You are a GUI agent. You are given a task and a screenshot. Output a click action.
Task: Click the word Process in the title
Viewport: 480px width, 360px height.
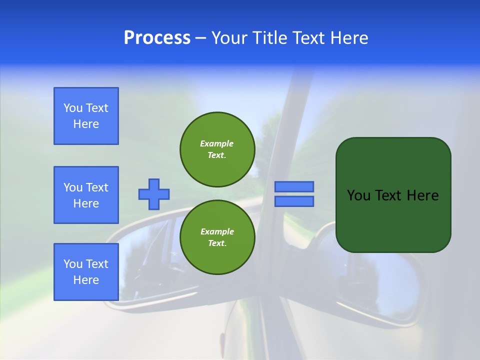point(157,38)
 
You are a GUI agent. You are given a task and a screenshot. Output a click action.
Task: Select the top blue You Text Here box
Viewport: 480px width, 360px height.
point(86,116)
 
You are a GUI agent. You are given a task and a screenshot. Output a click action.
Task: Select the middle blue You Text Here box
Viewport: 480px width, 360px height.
point(86,195)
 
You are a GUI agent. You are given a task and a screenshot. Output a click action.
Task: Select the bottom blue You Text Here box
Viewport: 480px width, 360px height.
point(86,272)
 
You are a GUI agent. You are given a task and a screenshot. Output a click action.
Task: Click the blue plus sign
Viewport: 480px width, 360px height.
point(154,194)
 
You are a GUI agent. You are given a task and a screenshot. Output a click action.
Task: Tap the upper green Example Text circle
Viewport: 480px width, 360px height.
point(217,149)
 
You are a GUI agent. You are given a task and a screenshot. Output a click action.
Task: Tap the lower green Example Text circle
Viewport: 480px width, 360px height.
point(217,237)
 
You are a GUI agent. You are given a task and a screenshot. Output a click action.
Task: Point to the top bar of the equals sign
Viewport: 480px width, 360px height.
point(294,187)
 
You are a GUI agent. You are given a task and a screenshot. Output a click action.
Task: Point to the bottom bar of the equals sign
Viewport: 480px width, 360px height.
point(294,201)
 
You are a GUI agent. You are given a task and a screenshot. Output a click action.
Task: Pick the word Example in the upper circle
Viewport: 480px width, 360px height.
point(217,143)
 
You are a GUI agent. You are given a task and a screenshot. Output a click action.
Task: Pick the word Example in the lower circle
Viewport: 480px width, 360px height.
point(217,231)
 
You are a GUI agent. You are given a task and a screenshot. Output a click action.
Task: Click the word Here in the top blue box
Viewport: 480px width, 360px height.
point(86,124)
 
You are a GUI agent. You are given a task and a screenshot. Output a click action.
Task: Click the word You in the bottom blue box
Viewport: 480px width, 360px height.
point(73,264)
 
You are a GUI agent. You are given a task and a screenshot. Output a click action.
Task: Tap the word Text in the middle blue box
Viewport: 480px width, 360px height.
point(96,187)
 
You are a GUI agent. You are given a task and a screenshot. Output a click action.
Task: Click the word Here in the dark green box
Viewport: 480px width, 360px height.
point(422,195)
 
